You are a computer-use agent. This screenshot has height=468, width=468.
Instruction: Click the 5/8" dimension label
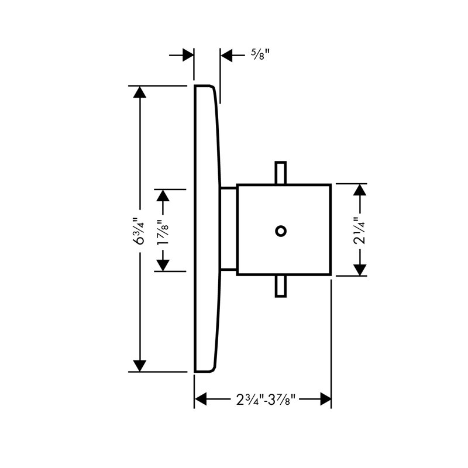coord(260,54)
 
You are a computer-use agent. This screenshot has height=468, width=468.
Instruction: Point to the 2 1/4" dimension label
coord(360,230)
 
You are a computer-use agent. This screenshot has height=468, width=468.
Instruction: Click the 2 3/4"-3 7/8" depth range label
coord(266,399)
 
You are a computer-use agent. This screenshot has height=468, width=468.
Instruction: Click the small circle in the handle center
coord(281,231)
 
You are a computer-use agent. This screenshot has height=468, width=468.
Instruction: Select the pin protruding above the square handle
coord(281,173)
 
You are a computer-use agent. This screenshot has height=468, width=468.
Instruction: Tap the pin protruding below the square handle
coord(281,286)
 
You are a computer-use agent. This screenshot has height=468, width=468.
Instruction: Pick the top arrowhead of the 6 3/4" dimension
coord(140,92)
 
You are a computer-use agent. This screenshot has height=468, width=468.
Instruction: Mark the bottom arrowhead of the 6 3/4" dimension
coord(140,366)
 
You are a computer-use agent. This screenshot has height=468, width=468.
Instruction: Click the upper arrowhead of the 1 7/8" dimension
coord(163,195)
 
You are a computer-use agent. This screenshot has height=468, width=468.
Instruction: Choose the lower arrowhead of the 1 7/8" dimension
coord(163,266)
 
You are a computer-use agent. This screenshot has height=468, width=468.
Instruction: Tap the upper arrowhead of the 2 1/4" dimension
coord(360,190)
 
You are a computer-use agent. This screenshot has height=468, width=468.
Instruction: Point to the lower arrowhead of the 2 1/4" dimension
coord(360,270)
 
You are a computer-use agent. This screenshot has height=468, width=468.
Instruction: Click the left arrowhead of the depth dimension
coord(201,399)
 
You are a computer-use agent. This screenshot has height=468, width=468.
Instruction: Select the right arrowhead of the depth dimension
coord(325,399)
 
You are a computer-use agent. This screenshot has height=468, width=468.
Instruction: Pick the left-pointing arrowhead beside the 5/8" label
coord(226,55)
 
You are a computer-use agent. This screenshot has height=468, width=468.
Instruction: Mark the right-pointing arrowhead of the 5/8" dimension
coord(188,55)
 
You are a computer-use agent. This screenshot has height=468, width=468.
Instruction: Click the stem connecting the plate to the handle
coord(228,229)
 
